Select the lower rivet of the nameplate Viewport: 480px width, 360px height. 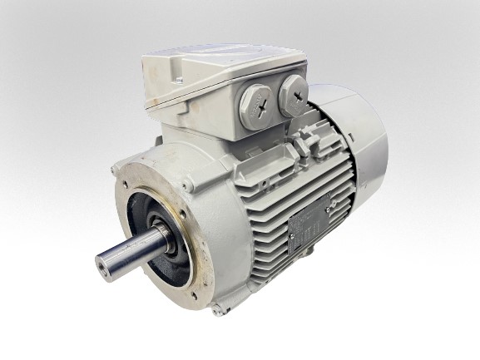(292, 244)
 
